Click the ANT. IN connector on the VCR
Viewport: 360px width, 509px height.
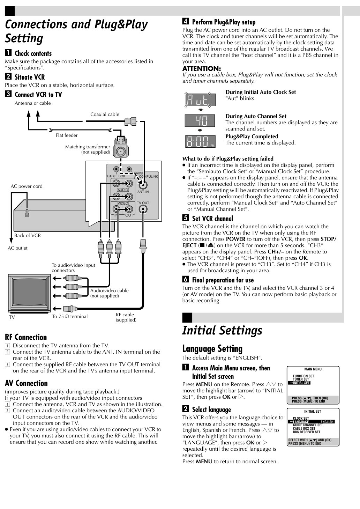143,185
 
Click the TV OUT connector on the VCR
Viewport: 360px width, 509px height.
143,209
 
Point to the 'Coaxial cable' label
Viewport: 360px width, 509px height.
105,114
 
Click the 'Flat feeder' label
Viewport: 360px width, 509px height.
67,135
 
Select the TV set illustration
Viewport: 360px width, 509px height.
29,293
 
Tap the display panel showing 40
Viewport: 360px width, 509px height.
200,120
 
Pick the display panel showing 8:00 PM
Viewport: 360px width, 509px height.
200,141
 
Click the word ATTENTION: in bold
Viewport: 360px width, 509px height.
202,68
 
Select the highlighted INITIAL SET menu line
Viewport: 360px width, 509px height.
299,383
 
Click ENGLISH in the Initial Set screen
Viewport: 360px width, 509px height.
327,422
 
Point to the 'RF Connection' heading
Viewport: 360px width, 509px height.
26,337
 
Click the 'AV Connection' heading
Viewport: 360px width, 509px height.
26,383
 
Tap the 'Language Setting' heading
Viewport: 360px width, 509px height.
212,349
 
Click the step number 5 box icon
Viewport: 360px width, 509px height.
186,218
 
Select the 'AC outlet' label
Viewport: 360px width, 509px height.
17,248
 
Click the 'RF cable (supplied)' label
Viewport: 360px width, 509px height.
126,317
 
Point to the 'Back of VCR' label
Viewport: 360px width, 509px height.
28,235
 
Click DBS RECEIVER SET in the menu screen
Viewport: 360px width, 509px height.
306,432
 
